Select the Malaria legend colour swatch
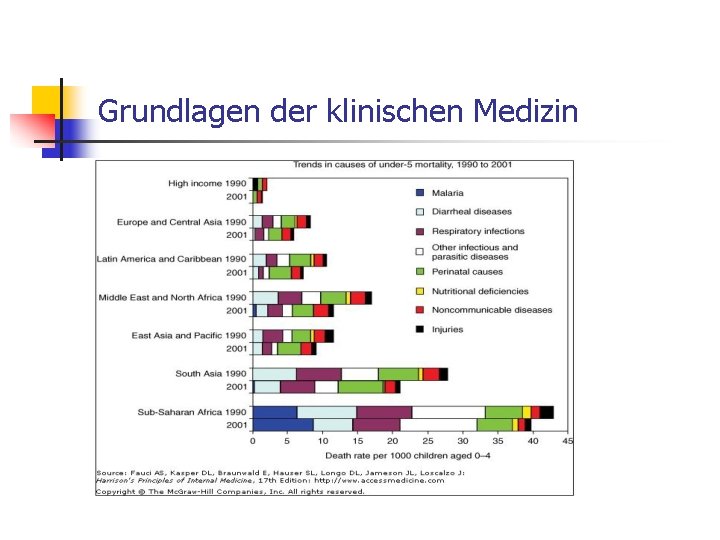pyautogui.click(x=420, y=193)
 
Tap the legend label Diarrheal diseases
pyautogui.click(x=471, y=212)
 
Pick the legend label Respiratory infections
pyautogui.click(x=478, y=231)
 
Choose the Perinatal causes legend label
pyautogui.click(x=467, y=271)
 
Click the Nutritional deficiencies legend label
pyautogui.click(x=480, y=291)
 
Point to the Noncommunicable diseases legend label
pyautogui.click(x=492, y=310)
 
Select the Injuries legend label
pyautogui.click(x=448, y=329)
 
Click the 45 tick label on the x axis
pyautogui.click(x=568, y=440)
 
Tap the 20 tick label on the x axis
pyautogui.click(x=392, y=440)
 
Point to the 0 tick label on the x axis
pyautogui.click(x=252, y=440)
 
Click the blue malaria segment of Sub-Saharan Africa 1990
pyautogui.click(x=274, y=412)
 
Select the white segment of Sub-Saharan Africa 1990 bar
pyautogui.click(x=448, y=412)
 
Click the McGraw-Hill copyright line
pyautogui.click(x=230, y=491)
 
